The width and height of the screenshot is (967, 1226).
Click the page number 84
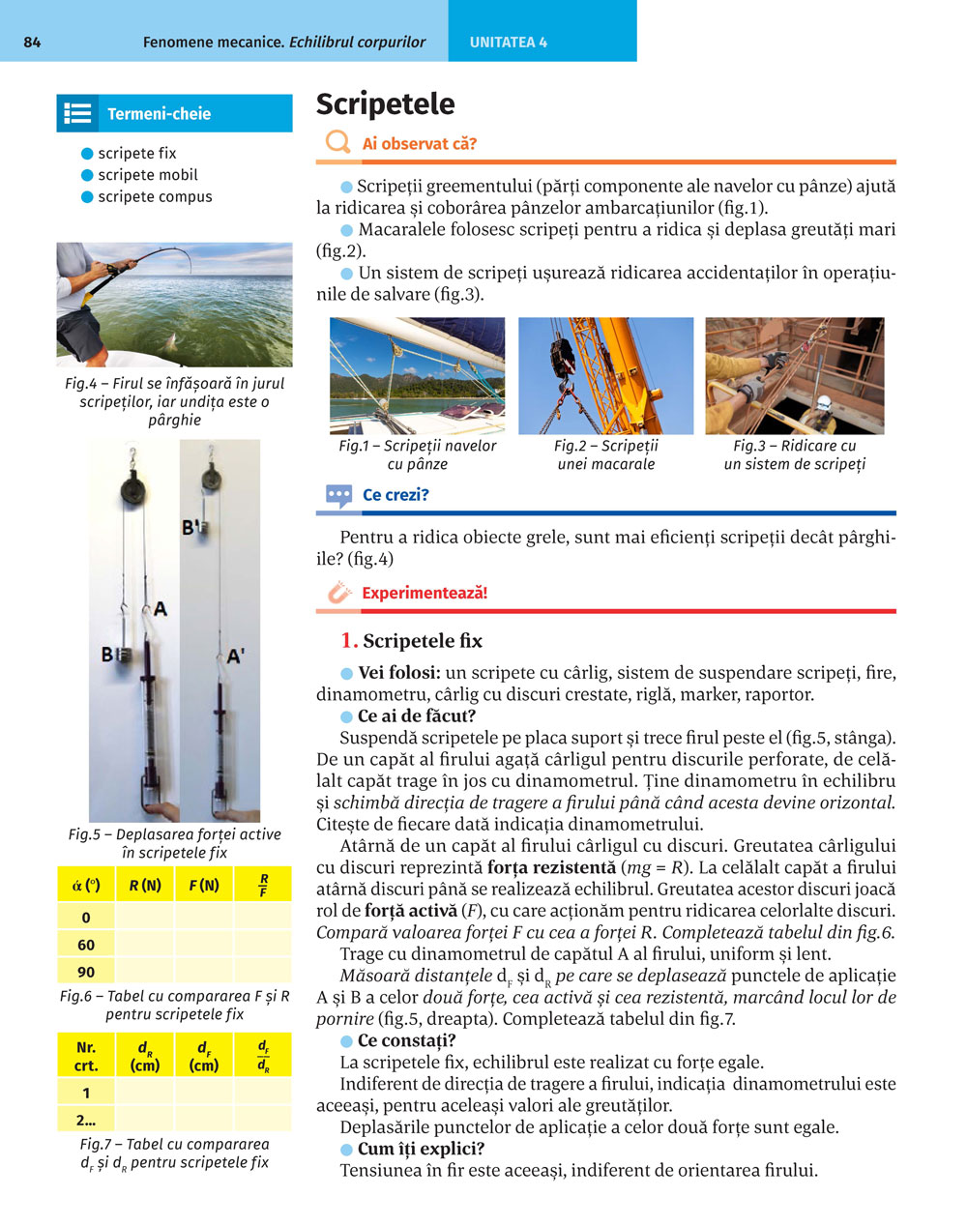pyautogui.click(x=32, y=42)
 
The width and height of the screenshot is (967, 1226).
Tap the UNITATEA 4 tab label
pyautogui.click(x=509, y=43)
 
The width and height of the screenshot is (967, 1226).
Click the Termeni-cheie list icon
pyautogui.click(x=77, y=113)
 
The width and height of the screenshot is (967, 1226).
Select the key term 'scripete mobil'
pyautogui.click(x=147, y=175)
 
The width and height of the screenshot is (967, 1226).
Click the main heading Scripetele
pyautogui.click(x=385, y=104)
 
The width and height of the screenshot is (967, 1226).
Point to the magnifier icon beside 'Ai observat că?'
pyautogui.click(x=337, y=143)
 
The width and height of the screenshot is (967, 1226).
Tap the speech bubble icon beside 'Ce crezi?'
pyautogui.click(x=338, y=496)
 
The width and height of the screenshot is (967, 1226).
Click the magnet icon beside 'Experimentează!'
pyautogui.click(x=338, y=593)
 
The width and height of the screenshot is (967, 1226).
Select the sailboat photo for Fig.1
pyautogui.click(x=417, y=375)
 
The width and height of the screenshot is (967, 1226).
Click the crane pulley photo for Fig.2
pyautogui.click(x=605, y=375)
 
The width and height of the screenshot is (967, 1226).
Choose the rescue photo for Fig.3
pyautogui.click(x=794, y=375)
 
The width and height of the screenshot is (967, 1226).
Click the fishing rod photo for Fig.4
pyautogui.click(x=174, y=304)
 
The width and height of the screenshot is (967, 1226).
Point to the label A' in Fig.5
pyautogui.click(x=235, y=657)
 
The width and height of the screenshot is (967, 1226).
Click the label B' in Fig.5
pyautogui.click(x=191, y=528)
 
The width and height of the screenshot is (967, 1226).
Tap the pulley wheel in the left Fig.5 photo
pyautogui.click(x=132, y=490)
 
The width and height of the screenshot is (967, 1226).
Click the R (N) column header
pyautogui.click(x=145, y=885)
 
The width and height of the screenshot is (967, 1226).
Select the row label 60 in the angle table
pyautogui.click(x=86, y=945)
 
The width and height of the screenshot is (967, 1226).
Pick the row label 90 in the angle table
pyautogui.click(x=86, y=972)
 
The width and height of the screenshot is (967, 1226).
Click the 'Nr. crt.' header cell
pyautogui.click(x=86, y=1056)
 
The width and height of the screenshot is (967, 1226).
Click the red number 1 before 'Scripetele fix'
pyautogui.click(x=349, y=640)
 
